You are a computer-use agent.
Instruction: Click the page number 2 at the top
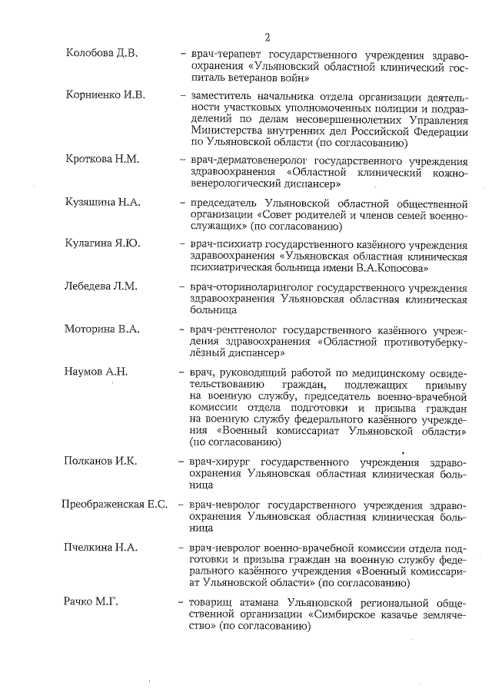point(267,37)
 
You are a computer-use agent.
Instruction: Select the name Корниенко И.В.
point(105,95)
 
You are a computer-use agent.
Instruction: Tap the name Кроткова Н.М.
point(102,160)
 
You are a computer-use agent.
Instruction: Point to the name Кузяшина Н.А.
point(103,202)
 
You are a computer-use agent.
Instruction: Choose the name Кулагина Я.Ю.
point(101,243)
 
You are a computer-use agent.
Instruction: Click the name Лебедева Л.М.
point(101,286)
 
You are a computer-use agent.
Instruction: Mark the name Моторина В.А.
point(101,329)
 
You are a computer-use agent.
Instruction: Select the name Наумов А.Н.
point(96,372)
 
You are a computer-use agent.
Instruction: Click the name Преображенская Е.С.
point(115,504)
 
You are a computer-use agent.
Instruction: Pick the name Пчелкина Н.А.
point(101,547)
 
